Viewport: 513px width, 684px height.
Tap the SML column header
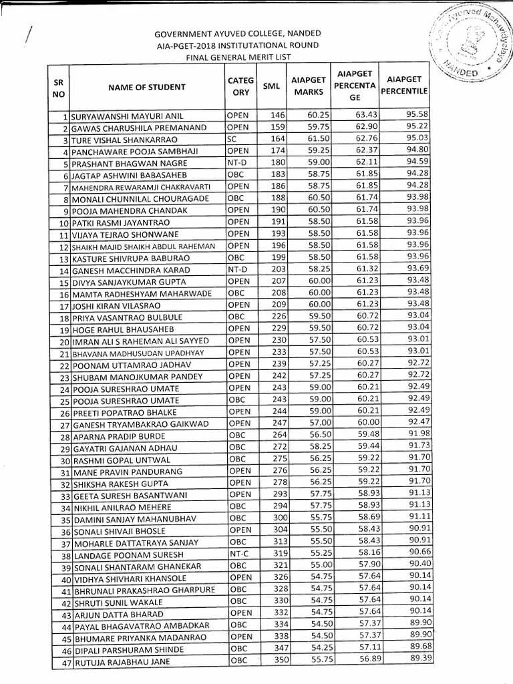pyautogui.click(x=271, y=86)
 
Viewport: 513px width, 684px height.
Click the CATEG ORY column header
pyautogui.click(x=238, y=86)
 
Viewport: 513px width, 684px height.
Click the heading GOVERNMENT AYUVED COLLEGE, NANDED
pyautogui.click(x=238, y=33)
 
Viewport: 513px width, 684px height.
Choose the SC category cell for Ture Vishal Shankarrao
pyautogui.click(x=232, y=140)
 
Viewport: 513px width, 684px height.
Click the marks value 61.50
pyautogui.click(x=313, y=140)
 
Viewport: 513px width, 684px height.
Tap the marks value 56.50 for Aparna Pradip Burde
pyautogui.click(x=313, y=434)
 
